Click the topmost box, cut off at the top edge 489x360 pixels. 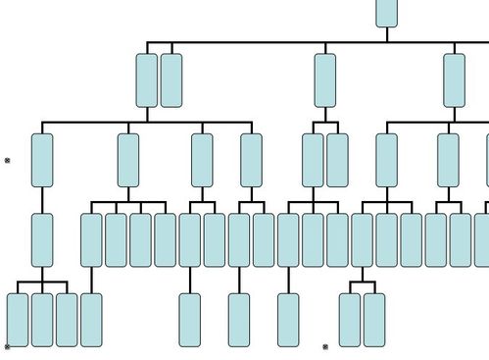[386, 13]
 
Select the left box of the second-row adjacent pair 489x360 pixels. [147, 80]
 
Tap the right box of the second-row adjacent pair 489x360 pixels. [171, 80]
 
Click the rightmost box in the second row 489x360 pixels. [454, 80]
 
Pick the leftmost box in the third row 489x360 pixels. [42, 160]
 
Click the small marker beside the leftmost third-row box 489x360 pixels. [8, 160]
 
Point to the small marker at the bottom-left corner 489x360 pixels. [8, 346]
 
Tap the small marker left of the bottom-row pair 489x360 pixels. [325, 346]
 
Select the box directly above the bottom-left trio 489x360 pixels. [42, 239]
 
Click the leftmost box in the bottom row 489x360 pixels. [18, 319]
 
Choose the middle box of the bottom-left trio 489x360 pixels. [42, 319]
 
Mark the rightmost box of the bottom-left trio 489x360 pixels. [67, 319]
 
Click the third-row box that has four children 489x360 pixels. [128, 160]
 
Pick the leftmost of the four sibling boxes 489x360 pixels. [91, 239]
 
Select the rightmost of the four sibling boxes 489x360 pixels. [166, 239]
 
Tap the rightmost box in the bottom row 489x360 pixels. [374, 319]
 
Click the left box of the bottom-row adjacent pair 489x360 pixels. [350, 319]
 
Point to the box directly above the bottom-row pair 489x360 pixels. [362, 239]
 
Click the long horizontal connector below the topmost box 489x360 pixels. [294, 42]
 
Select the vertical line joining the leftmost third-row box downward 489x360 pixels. [42, 199]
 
